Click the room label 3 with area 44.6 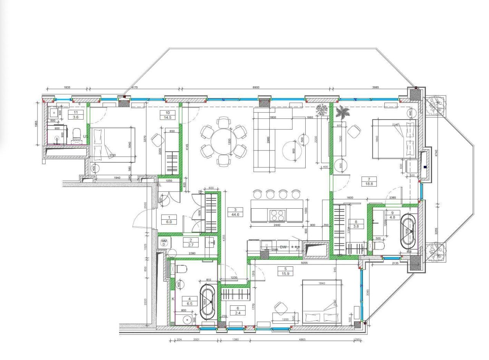[x=235, y=212]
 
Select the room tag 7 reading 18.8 [x=369, y=182]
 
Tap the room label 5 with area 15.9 [x=285, y=271]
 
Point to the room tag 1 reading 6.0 [x=169, y=219]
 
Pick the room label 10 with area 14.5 [x=168, y=115]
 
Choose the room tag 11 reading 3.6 [x=76, y=115]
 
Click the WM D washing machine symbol [x=164, y=243]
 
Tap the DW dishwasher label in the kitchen [x=283, y=247]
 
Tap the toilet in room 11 [x=77, y=135]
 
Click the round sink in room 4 [x=187, y=319]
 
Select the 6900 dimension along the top [x=256, y=88]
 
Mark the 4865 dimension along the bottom [x=301, y=339]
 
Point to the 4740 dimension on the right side [x=436, y=152]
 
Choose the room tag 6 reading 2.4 [x=238, y=310]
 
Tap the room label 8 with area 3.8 [x=356, y=224]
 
